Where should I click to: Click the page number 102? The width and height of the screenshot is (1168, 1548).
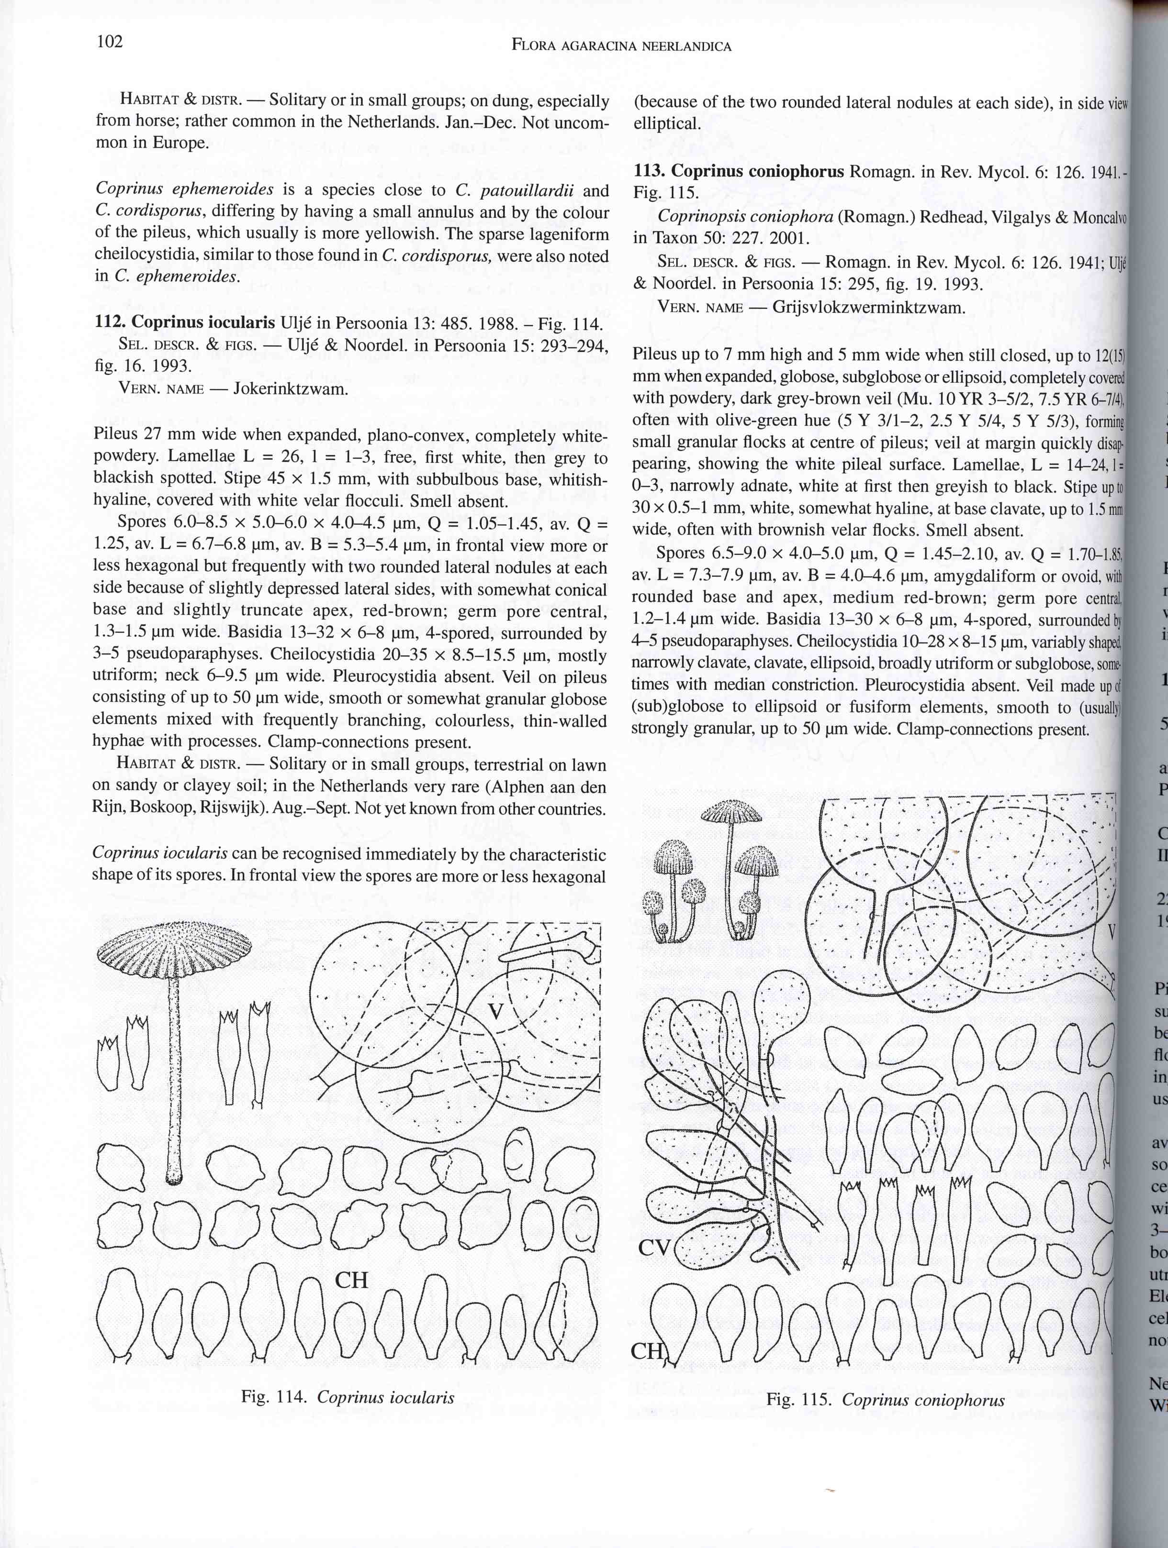click(110, 42)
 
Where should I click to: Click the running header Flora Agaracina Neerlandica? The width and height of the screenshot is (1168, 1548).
click(621, 47)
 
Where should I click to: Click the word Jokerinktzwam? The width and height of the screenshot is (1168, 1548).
click(290, 388)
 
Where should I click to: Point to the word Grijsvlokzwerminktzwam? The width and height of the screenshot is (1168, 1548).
click(868, 307)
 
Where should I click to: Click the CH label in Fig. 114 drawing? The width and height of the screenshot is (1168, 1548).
click(351, 1280)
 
